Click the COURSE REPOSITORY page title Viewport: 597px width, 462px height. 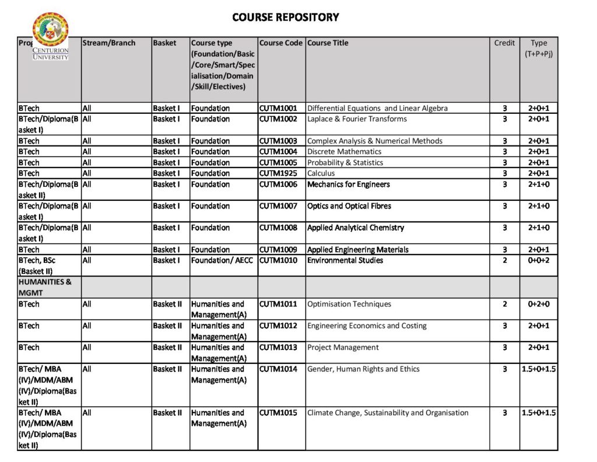point(285,17)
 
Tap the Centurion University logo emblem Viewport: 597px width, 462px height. point(50,30)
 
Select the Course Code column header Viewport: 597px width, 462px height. point(281,43)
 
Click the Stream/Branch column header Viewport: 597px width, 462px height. point(109,43)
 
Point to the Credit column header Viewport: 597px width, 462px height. point(504,43)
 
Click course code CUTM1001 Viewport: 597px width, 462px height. point(278,108)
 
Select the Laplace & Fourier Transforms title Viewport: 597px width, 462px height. point(357,119)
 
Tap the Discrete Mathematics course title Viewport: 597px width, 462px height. point(344,152)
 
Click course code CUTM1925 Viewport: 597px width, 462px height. point(278,173)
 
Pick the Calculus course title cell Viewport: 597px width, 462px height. point(321,173)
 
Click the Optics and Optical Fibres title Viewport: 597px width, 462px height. point(349,206)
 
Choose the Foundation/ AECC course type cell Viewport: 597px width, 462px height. point(222,260)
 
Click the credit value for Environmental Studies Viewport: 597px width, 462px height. point(504,260)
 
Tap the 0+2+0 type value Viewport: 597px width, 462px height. point(539,304)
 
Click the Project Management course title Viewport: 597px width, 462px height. point(343,348)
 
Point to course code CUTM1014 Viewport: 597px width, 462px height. point(278,369)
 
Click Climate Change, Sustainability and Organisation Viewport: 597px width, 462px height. point(388,413)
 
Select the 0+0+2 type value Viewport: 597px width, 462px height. point(539,260)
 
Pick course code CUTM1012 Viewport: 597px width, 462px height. point(278,326)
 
